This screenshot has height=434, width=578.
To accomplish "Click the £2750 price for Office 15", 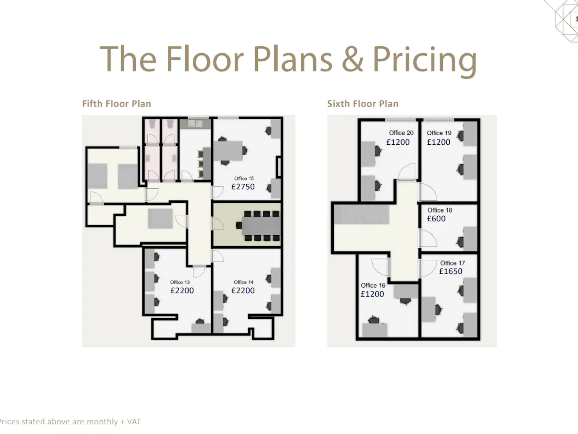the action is click(x=243, y=187).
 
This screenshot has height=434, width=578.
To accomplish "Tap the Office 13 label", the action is click(x=180, y=282).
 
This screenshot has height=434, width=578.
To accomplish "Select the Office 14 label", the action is click(x=244, y=282).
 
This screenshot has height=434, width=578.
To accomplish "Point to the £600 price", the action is click(x=436, y=219).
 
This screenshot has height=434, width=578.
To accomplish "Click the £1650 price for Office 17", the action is click(x=451, y=271).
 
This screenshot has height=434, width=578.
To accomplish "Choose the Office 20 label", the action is click(x=401, y=133).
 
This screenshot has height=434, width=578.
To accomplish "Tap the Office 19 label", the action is click(x=439, y=133).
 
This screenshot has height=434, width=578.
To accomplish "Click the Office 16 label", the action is click(x=373, y=286).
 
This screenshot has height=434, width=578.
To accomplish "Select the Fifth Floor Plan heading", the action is click(x=117, y=104).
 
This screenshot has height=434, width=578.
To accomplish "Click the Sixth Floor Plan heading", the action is click(x=363, y=104).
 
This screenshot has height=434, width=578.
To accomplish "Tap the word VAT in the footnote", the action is click(x=134, y=422).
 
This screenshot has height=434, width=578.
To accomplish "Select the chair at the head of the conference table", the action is click(x=239, y=226).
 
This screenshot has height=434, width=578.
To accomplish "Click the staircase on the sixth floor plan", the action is click(x=361, y=215).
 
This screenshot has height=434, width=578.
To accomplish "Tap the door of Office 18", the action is click(x=428, y=238).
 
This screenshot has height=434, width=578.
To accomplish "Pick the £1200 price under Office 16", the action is click(x=372, y=294).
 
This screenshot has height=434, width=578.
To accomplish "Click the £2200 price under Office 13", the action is click(x=182, y=291).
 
